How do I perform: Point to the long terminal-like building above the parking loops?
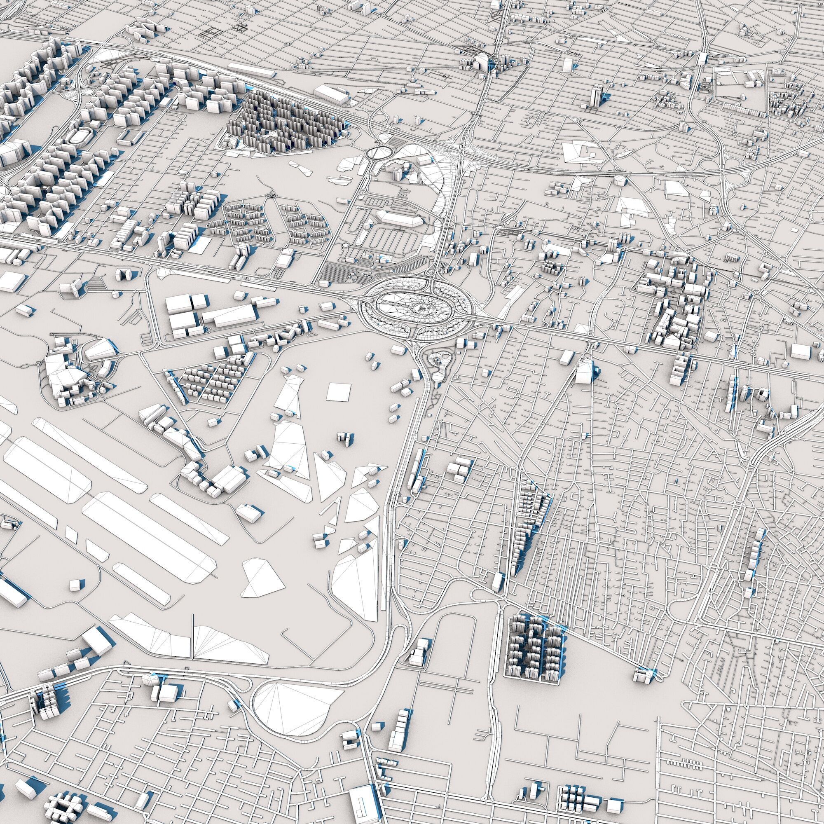click(x=399, y=218)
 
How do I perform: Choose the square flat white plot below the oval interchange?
click(x=339, y=391)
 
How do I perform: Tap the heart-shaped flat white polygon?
click(x=262, y=578)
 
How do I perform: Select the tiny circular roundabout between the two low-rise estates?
click(x=270, y=195)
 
